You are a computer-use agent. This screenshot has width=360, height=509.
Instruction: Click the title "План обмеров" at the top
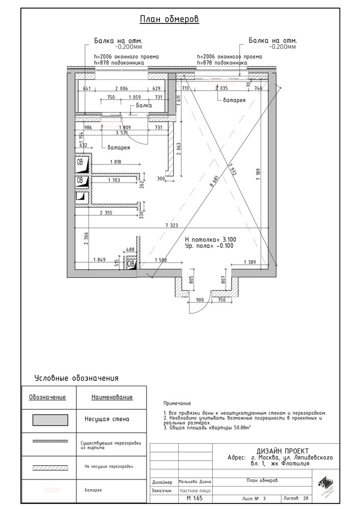[169, 20]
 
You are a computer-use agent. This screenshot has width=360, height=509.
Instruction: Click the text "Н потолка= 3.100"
[210, 239]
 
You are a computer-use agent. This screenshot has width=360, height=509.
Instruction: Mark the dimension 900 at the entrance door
[200, 300]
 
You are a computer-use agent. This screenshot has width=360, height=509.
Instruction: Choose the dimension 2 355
[108, 213]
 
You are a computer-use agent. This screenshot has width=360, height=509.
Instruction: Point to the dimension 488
[130, 249]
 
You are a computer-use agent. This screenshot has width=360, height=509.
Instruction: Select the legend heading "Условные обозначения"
[76, 378]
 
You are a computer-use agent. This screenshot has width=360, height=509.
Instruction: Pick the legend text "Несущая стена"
[107, 420]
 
